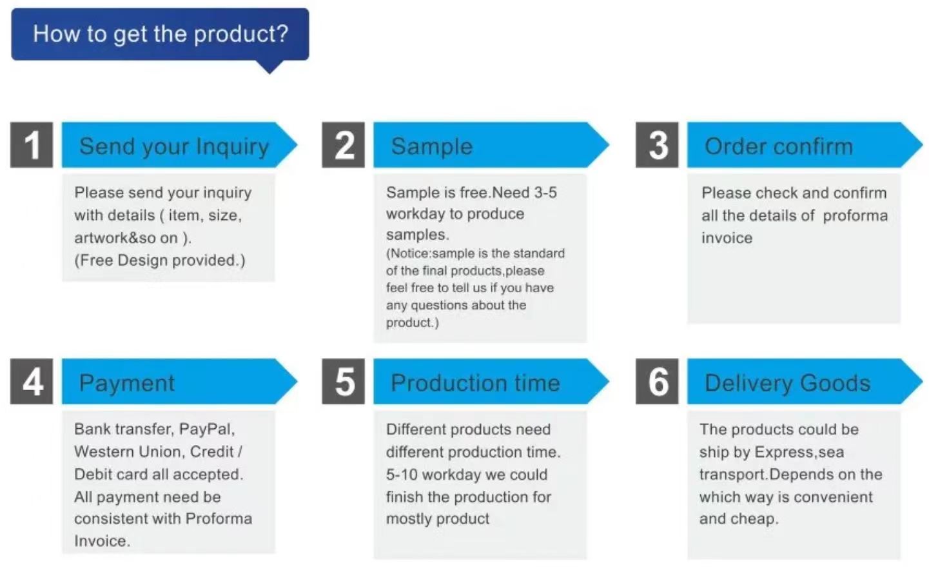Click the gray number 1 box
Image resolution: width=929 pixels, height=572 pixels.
point(32,144)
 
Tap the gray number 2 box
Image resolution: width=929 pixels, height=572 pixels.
point(344,144)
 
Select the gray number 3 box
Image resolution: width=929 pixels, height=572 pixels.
point(657,144)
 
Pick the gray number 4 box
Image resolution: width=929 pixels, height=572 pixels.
point(32,381)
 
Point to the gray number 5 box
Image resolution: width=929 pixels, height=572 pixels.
point(344,381)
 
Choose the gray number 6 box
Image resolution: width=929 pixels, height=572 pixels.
point(657,381)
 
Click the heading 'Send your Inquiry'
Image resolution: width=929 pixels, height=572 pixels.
point(174,147)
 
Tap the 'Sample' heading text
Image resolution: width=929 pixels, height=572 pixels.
point(432,146)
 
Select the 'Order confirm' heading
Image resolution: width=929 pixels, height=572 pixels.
point(779,146)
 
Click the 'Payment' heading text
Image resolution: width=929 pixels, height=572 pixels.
point(127,383)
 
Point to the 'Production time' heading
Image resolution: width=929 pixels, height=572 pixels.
point(475,383)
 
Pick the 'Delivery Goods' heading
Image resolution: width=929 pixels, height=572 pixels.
point(788,383)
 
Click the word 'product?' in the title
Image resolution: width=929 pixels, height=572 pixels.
point(241,35)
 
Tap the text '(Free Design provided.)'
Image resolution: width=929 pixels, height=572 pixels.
point(160,261)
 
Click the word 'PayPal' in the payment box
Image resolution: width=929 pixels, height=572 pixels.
point(206,429)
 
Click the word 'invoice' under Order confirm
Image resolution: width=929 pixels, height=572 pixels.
point(727,238)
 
